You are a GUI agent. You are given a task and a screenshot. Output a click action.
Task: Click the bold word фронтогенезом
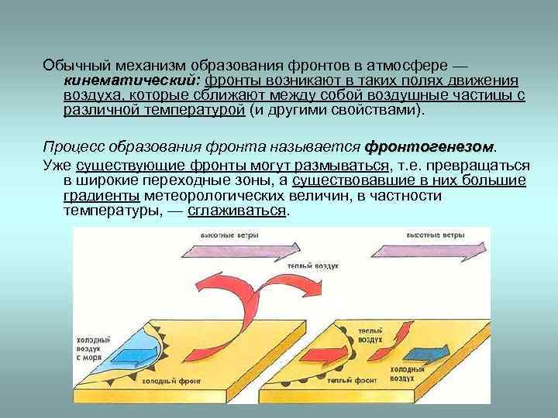(429, 146)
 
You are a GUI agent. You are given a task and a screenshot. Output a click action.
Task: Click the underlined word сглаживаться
(237, 210)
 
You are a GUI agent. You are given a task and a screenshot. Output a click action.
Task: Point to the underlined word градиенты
(102, 195)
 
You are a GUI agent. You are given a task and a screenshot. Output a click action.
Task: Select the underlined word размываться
(341, 166)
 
